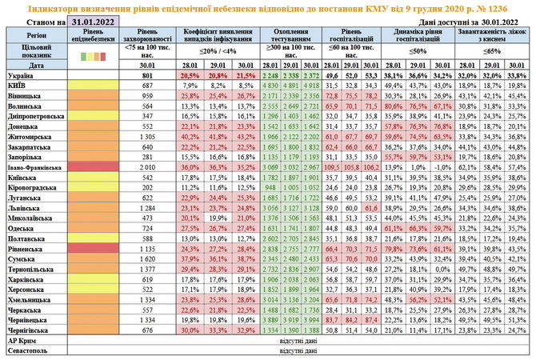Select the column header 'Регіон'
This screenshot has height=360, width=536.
pos(34,37)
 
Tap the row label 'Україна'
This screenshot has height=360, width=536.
pos(22,74)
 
